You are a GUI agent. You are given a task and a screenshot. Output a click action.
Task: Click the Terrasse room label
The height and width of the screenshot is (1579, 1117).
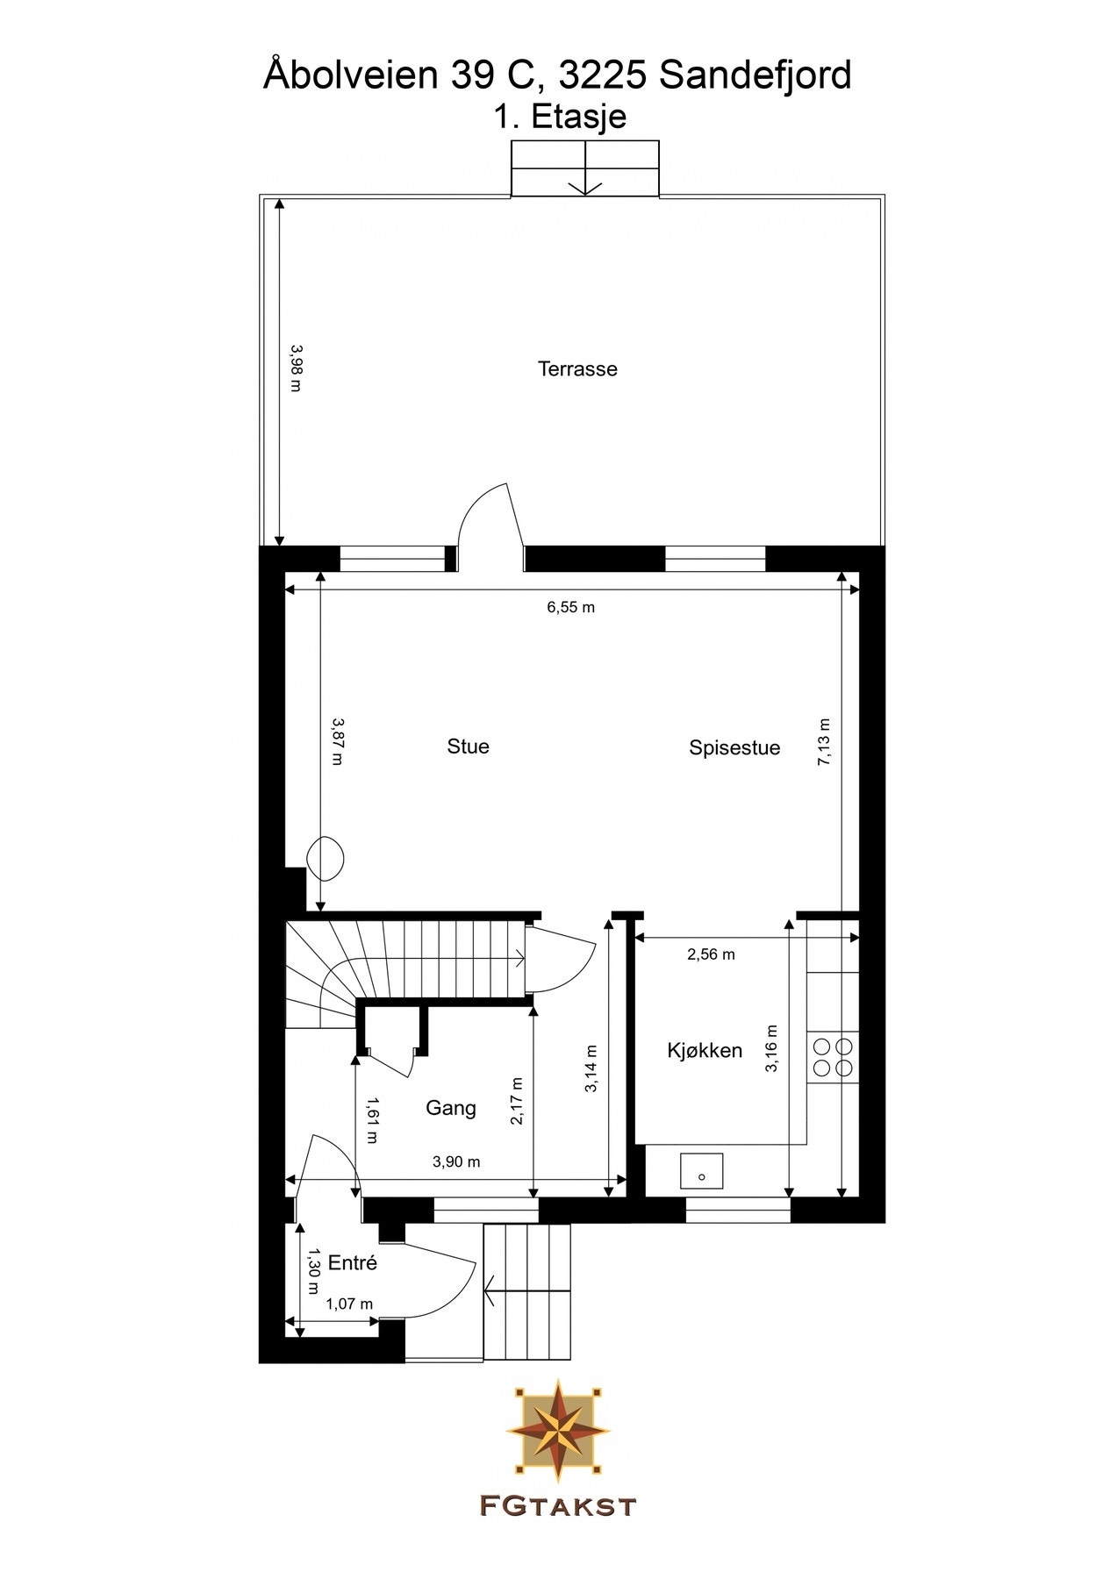pos(577,369)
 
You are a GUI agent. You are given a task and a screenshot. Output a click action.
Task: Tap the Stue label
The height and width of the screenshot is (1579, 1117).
pos(468,747)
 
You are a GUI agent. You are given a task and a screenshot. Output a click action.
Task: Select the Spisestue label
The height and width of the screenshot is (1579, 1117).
pos(734,748)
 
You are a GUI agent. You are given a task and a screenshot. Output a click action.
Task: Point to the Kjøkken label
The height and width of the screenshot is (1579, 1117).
pos(705,1051)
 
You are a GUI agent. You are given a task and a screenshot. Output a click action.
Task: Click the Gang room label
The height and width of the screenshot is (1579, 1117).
pos(451,1108)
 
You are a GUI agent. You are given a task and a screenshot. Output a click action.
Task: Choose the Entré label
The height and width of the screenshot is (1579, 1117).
pos(352,1263)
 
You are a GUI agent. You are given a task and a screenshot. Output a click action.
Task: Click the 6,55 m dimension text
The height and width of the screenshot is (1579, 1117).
pos(571,607)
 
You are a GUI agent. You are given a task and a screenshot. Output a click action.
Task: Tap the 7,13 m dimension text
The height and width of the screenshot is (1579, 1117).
pos(825,743)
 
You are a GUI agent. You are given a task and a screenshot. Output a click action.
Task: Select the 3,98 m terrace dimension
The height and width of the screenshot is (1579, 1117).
pos(296,368)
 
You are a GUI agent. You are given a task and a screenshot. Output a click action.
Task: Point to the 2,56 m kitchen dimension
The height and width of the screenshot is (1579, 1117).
pos(711,954)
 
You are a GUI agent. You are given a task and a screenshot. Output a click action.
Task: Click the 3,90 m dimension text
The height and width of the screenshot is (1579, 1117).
pos(456,1162)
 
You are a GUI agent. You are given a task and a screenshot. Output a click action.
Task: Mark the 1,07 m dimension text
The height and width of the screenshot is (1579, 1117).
pos(349,1304)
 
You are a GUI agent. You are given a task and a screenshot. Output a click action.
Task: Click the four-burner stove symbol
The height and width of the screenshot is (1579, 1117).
pos(833,1057)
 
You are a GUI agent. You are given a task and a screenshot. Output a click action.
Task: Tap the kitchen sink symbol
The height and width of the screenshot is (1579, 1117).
pos(701,1171)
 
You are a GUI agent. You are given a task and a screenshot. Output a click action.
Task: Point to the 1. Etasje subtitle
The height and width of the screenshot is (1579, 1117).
pos(560,117)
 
